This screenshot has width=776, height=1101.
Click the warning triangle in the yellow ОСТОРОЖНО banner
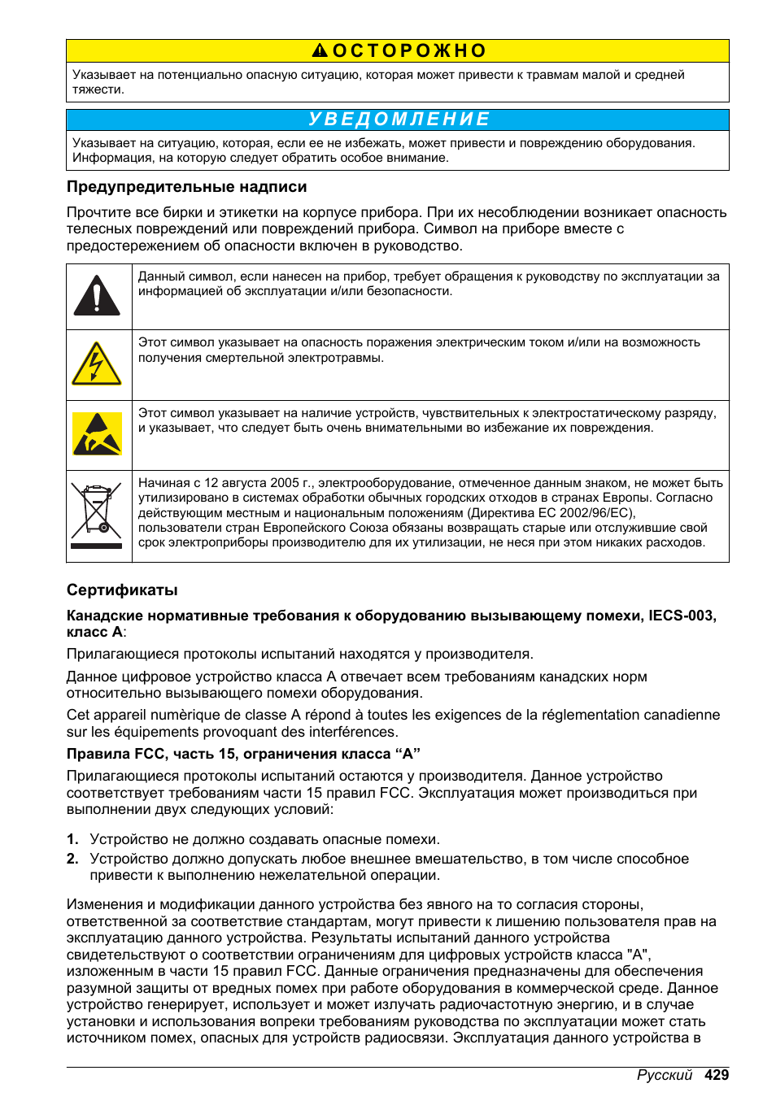coord(320,51)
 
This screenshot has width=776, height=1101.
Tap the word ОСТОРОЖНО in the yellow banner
coord(409,51)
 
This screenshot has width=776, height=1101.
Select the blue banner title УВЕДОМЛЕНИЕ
coord(399,120)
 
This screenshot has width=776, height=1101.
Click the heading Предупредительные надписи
coord(186,187)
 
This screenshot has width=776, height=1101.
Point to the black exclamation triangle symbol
coord(97,296)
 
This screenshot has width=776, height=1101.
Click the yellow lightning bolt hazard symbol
coord(97,364)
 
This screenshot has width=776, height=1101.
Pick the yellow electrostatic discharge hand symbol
coord(97,434)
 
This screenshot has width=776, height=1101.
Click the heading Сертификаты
coord(122,590)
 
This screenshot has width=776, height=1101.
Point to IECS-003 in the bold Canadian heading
coord(681,616)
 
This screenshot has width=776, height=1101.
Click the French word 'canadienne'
coord(679,715)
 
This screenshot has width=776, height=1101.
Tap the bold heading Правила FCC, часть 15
coord(242,754)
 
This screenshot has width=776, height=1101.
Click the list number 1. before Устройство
coord(72,839)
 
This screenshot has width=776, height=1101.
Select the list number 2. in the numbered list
coord(72,859)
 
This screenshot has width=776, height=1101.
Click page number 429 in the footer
coord(717,1075)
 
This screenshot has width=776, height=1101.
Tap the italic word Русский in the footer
coord(664,1075)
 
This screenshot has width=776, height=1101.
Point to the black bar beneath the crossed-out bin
coord(97,546)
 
